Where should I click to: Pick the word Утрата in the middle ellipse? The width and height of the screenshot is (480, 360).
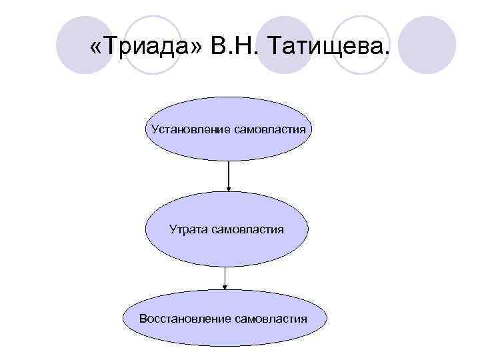tap(189, 229)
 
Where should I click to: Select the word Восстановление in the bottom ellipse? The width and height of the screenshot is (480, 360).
tap(185, 319)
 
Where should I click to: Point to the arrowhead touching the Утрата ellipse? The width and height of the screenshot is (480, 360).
tap(229, 189)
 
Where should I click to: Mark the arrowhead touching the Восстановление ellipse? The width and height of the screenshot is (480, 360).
tap(225, 286)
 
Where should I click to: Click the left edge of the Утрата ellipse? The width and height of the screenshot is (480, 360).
tap(146, 230)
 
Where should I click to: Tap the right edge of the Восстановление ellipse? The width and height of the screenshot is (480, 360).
tap(329, 319)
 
